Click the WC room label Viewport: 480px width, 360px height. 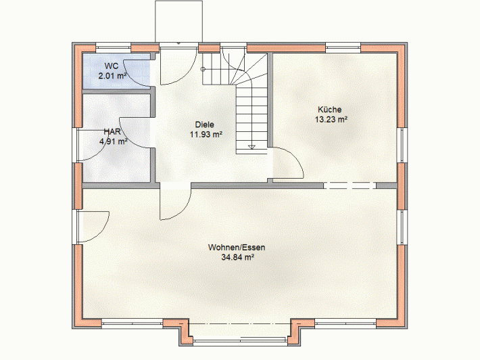pos(111,66)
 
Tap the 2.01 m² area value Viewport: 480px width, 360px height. pos(112,76)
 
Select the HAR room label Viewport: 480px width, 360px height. pos(112,132)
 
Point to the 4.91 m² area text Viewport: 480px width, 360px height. pos(114,141)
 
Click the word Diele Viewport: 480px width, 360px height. pos(204,125)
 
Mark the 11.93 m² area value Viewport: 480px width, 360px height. pos(206,135)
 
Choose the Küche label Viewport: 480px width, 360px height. pos(330,110)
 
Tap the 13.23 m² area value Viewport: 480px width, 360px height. pos(331,119)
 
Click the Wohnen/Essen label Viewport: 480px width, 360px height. pos(237,247)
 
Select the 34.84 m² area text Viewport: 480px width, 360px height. pos(238,257)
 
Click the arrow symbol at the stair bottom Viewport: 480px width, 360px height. pos(251,146)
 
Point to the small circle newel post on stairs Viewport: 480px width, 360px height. pos(203,69)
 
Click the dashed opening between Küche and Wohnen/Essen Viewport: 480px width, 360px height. pos(350,185)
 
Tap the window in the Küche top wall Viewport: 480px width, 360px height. pos(343,48)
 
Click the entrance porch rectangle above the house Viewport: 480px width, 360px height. pos(178,22)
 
